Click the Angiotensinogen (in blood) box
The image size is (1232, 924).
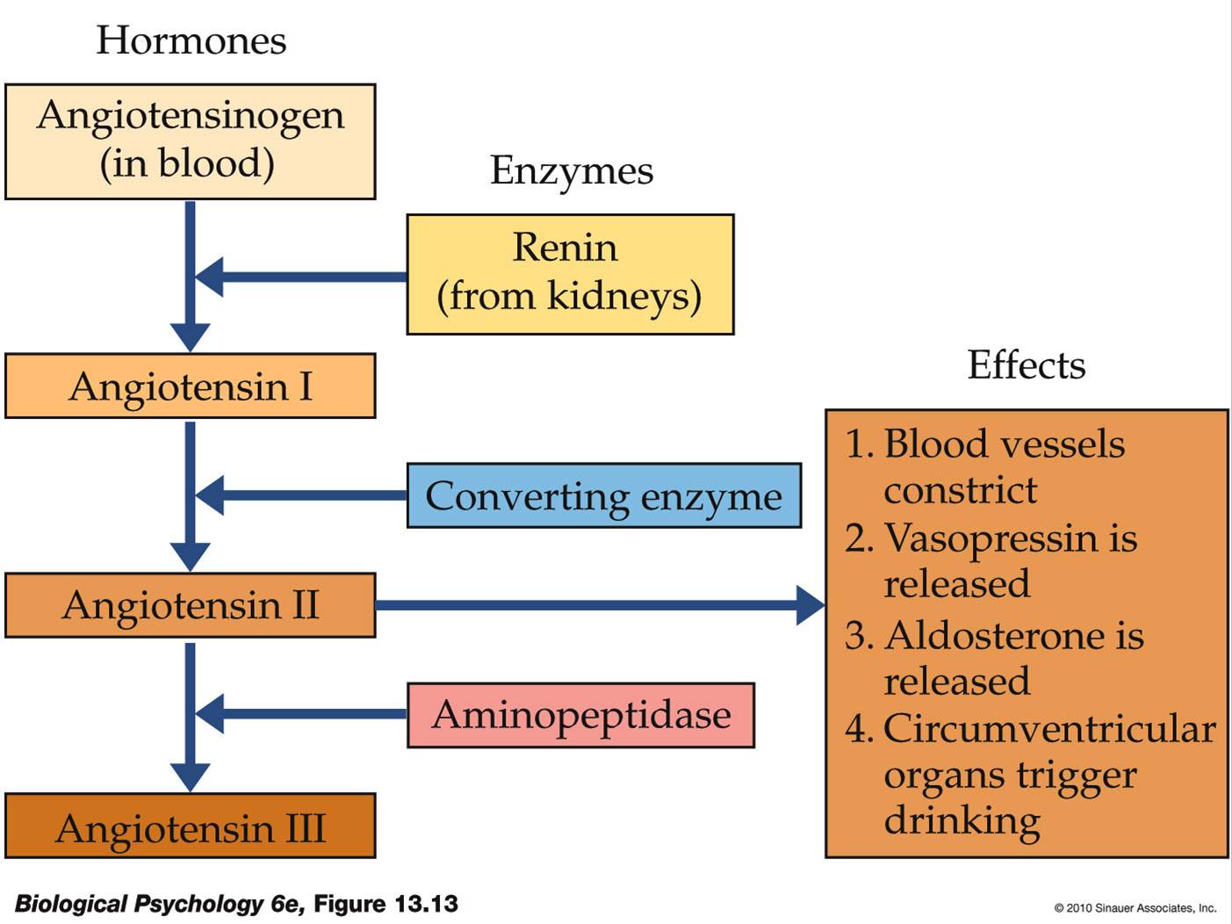click(190, 141)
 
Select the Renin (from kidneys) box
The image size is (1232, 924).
click(570, 274)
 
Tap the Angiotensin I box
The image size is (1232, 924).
click(190, 386)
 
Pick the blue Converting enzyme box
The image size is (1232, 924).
click(603, 495)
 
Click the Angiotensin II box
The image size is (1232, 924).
click(190, 605)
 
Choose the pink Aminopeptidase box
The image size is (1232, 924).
click(580, 715)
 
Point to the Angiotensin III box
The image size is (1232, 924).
click(190, 826)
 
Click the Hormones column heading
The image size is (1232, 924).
click(191, 40)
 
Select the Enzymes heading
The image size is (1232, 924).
click(571, 170)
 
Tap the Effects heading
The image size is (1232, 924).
click(1026, 365)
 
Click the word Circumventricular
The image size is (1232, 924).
click(1049, 729)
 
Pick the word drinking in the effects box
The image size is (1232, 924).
click(962, 821)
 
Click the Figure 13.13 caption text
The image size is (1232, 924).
click(236, 904)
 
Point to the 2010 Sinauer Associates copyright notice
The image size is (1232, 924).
click(1135, 908)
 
